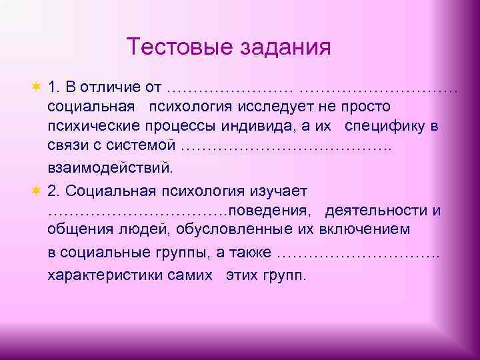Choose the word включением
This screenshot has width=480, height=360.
370,231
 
